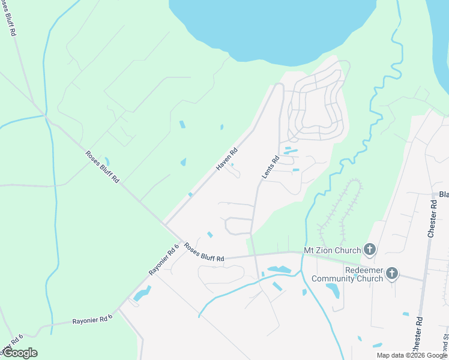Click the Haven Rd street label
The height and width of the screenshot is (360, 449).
(228, 159)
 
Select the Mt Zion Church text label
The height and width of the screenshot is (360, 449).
(333, 250)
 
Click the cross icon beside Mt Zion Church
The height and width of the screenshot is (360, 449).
(370, 250)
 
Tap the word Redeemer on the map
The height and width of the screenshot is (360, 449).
(364, 270)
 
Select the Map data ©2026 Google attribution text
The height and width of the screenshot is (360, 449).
(411, 355)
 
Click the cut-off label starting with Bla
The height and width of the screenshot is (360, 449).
(444, 194)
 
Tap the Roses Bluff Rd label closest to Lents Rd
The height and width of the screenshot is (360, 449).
(204, 251)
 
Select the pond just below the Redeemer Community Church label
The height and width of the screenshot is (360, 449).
(333, 290)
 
